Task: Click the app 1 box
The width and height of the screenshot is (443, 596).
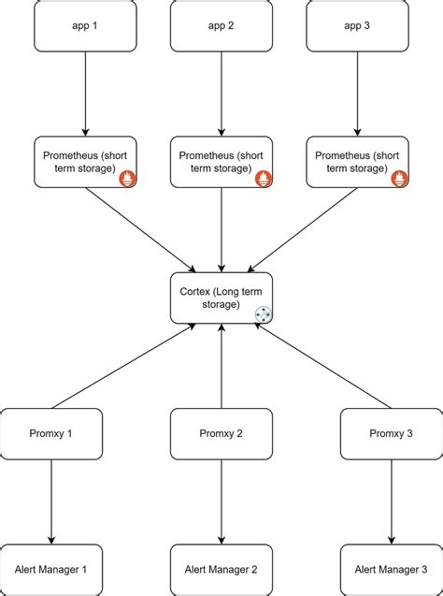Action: (85, 25)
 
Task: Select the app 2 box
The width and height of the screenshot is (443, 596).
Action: (221, 25)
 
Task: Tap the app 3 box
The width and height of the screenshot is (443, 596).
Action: (358, 25)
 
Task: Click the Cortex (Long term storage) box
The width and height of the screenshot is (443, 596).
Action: (221, 298)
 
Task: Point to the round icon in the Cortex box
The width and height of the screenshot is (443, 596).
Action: (263, 314)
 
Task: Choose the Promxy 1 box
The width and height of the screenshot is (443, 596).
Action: (50, 433)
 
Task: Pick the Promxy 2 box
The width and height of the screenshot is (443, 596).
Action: (221, 433)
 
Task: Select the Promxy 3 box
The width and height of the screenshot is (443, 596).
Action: (391, 433)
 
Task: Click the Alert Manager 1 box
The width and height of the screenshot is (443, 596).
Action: (50, 569)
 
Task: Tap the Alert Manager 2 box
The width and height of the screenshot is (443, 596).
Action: (221, 569)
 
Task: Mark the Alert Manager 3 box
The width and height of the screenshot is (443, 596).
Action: (391, 569)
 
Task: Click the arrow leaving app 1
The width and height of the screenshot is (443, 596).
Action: (85, 94)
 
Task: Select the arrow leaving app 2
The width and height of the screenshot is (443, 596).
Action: (221, 94)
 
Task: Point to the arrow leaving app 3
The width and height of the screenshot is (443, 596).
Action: (358, 94)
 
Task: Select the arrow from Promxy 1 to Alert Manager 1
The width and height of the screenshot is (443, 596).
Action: (50, 502)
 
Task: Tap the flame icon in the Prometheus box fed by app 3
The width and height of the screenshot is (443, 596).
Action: (399, 177)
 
